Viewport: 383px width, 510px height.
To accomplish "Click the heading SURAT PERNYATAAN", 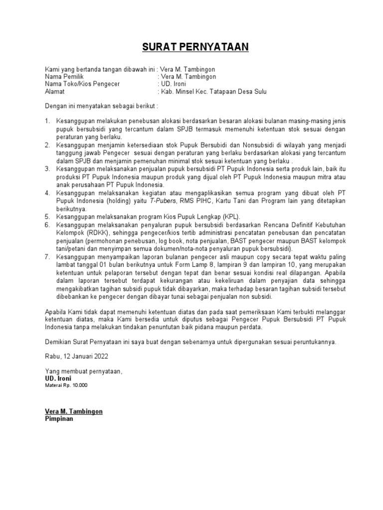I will click(191, 48).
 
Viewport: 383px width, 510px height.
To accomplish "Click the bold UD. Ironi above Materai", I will click(58, 379).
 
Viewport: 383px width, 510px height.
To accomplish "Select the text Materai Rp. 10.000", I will click(66, 385).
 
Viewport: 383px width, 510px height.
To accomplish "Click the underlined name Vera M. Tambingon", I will click(74, 412).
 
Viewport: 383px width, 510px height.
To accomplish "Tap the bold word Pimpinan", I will click(59, 419).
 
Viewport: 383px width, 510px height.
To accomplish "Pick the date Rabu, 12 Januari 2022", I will click(76, 356).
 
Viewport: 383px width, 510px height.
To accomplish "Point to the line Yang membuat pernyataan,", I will click(83, 371).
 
